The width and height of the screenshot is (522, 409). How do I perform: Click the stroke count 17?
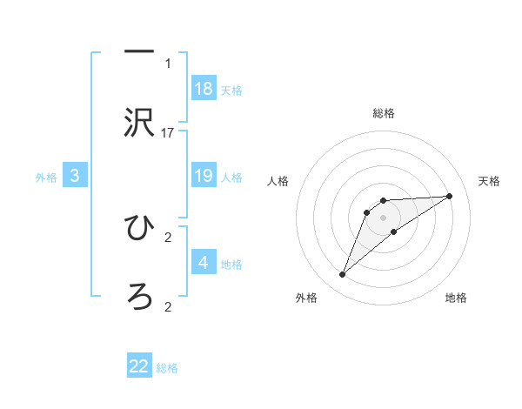[x=168, y=132]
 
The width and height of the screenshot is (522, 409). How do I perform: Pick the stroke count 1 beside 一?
[x=168, y=63]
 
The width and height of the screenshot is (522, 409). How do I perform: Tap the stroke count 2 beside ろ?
[x=168, y=306]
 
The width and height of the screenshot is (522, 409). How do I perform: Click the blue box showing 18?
[x=204, y=89]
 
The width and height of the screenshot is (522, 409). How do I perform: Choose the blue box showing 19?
[x=204, y=176]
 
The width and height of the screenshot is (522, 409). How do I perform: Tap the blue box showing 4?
[x=204, y=263]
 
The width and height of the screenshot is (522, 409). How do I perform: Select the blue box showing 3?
[x=75, y=176]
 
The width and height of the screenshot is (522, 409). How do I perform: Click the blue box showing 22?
[x=139, y=366]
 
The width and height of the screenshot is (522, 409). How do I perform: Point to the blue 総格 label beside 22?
[x=167, y=368]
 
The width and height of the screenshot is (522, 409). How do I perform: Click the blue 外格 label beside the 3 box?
[x=46, y=178]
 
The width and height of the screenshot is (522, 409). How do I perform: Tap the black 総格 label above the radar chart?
[x=384, y=113]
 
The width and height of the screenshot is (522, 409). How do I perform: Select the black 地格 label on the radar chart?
[x=456, y=298]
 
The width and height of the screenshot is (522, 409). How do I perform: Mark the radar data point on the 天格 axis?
[x=450, y=196]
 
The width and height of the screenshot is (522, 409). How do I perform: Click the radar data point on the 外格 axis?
[x=343, y=275]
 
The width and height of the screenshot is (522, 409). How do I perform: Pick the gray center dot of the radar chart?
[x=384, y=217]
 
